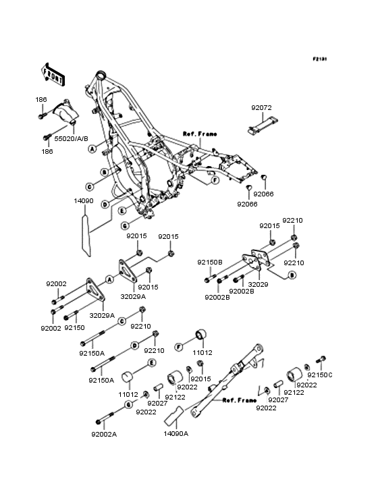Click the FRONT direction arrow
click(53, 74)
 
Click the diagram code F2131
click(320, 59)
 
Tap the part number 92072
click(261, 108)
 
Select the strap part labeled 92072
click(263, 126)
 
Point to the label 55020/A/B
click(71, 138)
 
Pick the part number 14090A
click(175, 434)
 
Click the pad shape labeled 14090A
click(173, 416)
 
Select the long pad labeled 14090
click(86, 236)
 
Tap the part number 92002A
click(104, 435)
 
